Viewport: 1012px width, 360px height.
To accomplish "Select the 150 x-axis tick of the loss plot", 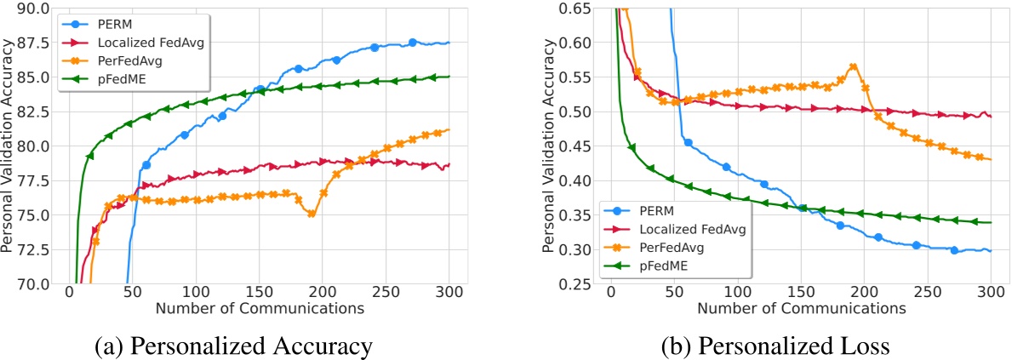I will click(x=801, y=292).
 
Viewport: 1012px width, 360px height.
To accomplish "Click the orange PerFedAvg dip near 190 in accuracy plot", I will click(x=312, y=214).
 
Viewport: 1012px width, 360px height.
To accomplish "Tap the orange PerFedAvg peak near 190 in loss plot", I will click(x=852, y=66).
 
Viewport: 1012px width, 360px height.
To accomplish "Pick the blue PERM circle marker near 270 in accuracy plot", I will click(x=412, y=43).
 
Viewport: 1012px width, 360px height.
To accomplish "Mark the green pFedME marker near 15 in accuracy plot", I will click(x=89, y=156).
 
